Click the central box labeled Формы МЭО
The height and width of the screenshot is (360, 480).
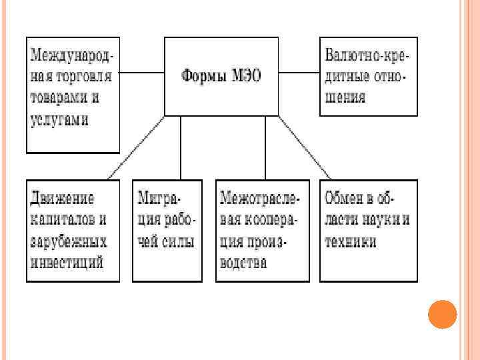pyautogui.click(x=222, y=76)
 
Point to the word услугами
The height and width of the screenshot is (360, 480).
pyautogui.click(x=61, y=120)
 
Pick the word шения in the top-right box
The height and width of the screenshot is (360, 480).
pyautogui.click(x=345, y=97)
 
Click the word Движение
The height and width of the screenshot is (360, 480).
pyautogui.click(x=62, y=198)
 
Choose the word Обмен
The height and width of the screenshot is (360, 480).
pyautogui.click(x=346, y=198)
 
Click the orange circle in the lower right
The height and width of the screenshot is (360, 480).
pyautogui.click(x=441, y=313)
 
